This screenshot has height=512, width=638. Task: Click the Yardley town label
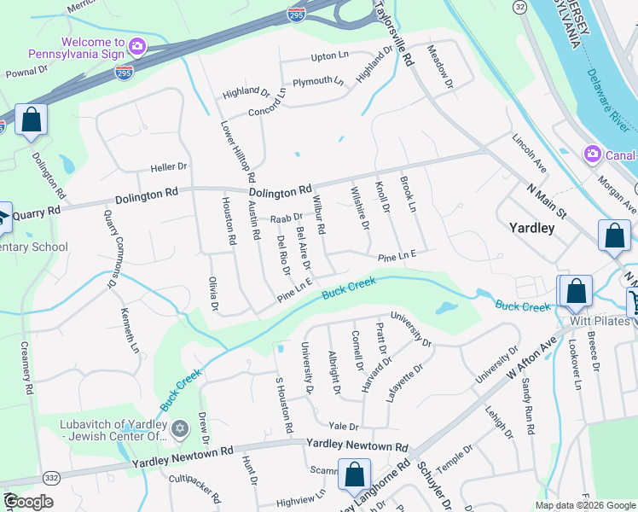pos(531,228)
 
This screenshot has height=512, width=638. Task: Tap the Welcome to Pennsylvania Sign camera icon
pos(136,44)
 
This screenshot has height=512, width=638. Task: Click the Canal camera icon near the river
pos(591,154)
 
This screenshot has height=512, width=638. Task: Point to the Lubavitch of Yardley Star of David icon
pos(179,428)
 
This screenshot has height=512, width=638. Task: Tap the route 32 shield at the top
pos(519,7)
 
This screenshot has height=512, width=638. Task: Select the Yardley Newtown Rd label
pos(357,445)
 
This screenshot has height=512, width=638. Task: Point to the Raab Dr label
pos(287,218)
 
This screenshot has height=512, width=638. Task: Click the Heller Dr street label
pos(168,166)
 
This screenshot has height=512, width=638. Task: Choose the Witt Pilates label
pos(601,321)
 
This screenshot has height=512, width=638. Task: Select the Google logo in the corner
pos(28,503)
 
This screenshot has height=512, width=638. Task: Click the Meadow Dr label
pos(440,67)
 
